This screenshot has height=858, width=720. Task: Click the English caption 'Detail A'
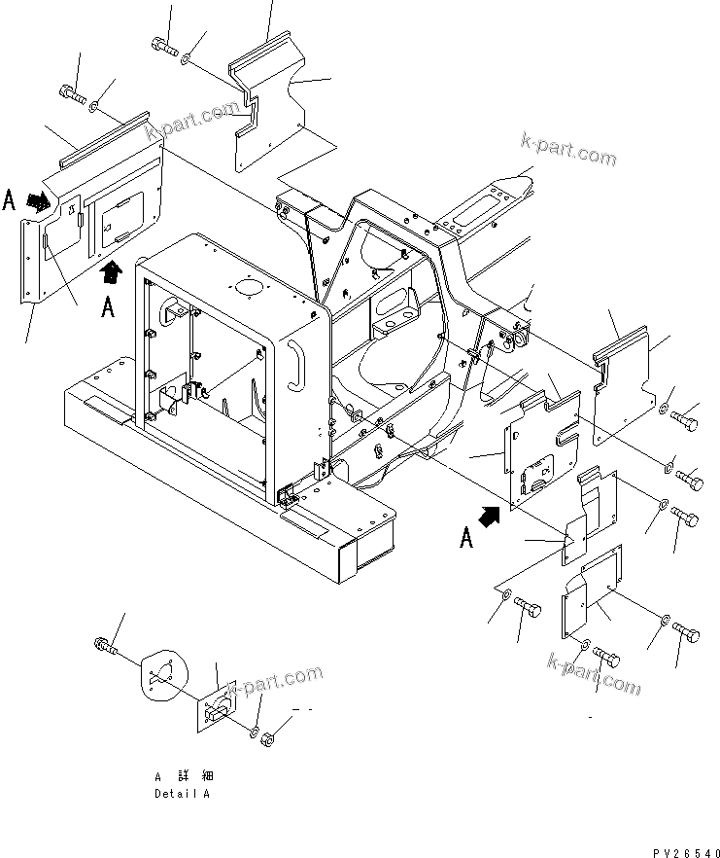coord(182,793)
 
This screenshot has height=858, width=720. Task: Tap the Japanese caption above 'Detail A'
coord(183,776)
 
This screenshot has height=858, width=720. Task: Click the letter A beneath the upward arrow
coord(109,307)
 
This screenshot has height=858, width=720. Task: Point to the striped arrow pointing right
coord(40,201)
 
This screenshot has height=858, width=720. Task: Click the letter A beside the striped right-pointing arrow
coord(10,200)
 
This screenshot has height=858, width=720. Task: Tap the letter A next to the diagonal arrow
coord(467,536)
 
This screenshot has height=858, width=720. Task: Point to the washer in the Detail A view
coord(253,732)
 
